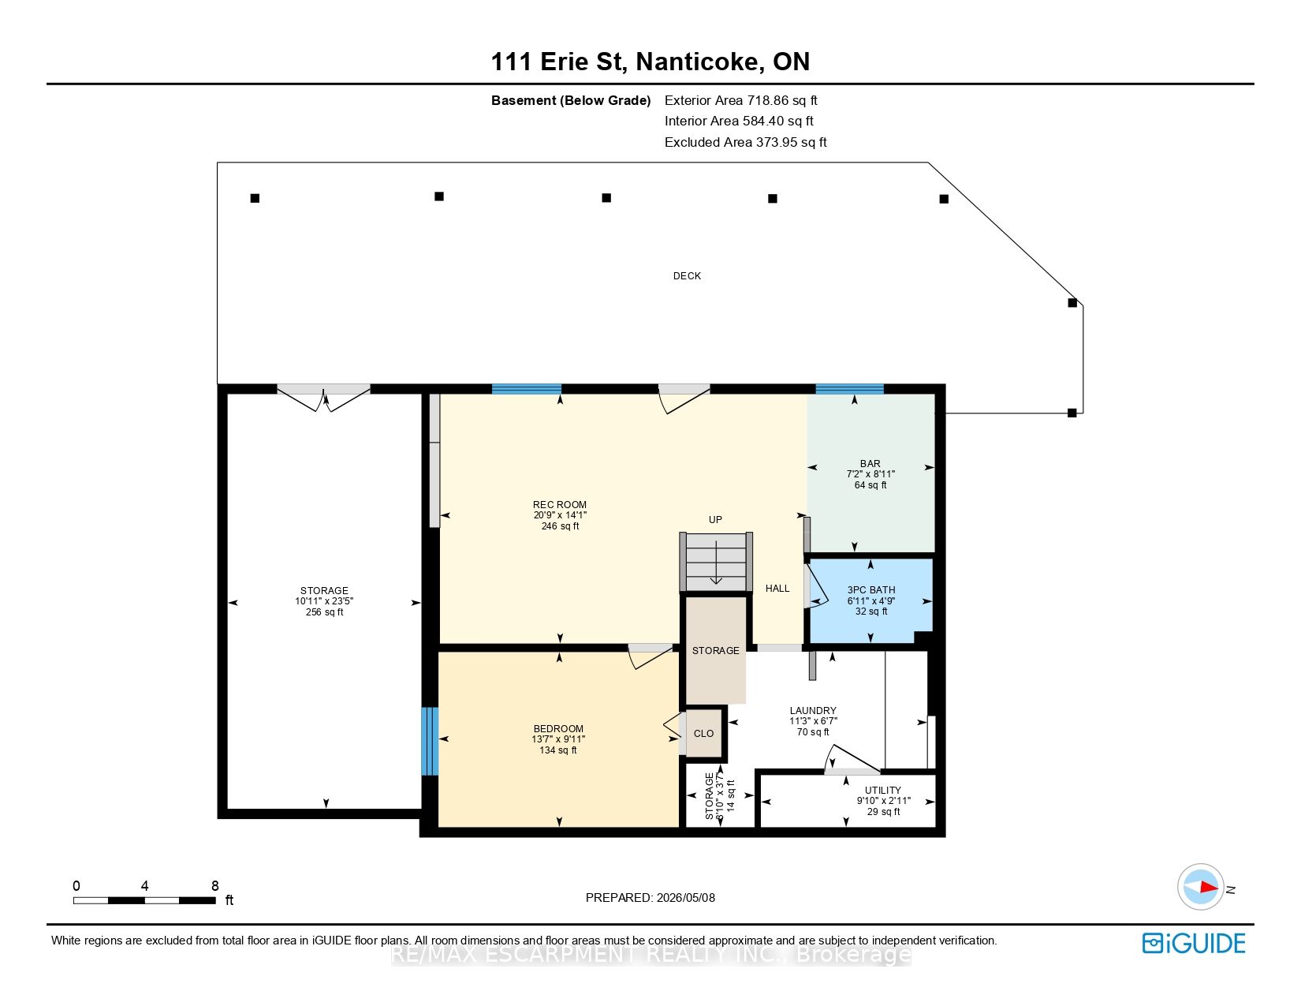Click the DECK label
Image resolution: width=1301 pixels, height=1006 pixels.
click(x=687, y=276)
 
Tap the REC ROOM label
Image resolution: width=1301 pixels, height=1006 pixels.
click(x=560, y=505)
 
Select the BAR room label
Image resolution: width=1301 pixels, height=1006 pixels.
click(x=870, y=464)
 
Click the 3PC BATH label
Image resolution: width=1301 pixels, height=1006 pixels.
click(x=871, y=590)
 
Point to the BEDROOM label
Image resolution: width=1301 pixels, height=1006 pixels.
click(x=558, y=729)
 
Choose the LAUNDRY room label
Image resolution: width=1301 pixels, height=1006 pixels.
click(x=813, y=711)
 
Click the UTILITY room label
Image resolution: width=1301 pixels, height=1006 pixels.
click(x=882, y=791)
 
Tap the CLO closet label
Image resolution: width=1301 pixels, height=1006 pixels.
click(x=703, y=733)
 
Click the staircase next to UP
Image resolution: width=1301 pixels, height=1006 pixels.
click(x=716, y=562)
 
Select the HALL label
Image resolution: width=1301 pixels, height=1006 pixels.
click(x=777, y=589)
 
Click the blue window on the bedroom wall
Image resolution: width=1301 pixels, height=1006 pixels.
click(x=430, y=741)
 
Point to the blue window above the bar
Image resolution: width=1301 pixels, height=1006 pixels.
click(x=849, y=389)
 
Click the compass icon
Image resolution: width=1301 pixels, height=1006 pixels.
click(x=1200, y=887)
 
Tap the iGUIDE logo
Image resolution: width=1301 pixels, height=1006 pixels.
click(x=1194, y=943)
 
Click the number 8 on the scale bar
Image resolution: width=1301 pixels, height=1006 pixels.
click(x=215, y=885)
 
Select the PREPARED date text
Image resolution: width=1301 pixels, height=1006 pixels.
click(x=650, y=898)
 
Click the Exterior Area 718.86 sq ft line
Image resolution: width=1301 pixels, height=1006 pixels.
click(x=740, y=101)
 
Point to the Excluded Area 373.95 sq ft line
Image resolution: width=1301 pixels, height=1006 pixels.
click(x=745, y=143)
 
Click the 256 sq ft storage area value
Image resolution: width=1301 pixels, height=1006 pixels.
click(x=325, y=612)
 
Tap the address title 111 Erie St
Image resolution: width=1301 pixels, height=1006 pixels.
click(x=558, y=62)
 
